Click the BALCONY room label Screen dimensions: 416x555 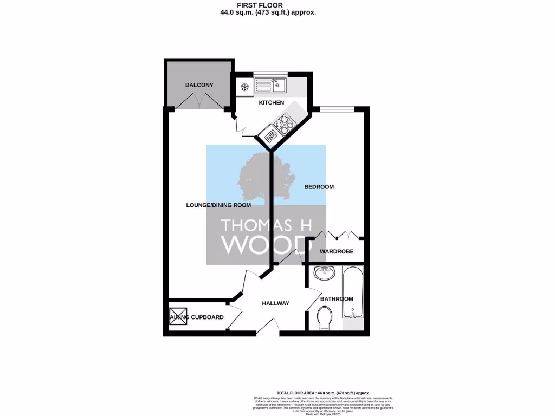point(199,85)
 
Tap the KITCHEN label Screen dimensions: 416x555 point(271,102)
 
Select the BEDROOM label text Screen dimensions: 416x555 point(319,187)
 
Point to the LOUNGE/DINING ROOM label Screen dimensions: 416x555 point(218,205)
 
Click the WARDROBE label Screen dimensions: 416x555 point(337,251)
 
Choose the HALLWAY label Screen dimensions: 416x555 point(275,303)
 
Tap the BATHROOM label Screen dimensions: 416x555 point(337,299)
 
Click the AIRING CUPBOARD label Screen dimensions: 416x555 point(197,317)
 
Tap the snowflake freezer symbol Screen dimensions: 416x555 point(244,86)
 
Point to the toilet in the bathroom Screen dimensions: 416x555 point(325,317)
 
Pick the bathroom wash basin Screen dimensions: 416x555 point(324,272)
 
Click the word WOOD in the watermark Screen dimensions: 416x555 point(266,244)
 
